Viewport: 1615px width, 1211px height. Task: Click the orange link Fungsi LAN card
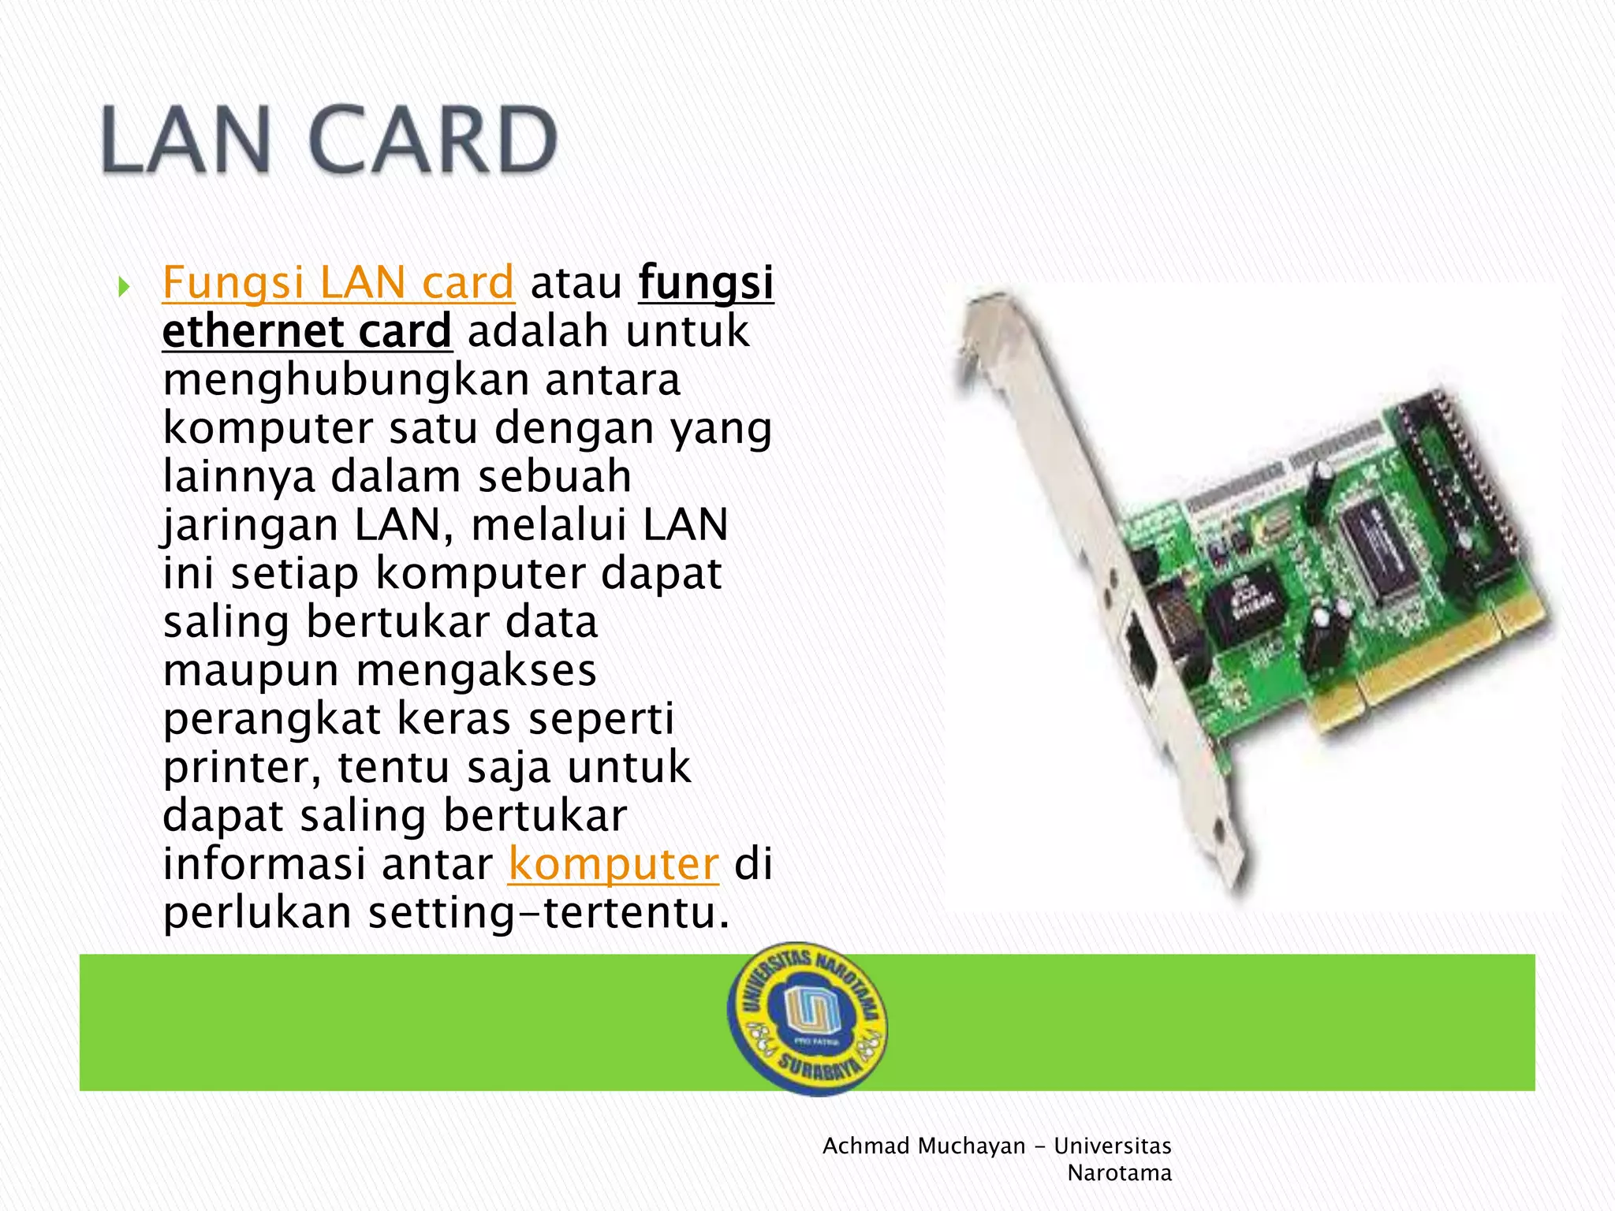coord(338,283)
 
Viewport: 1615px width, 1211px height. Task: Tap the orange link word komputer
coord(614,864)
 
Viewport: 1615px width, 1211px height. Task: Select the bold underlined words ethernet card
coord(307,331)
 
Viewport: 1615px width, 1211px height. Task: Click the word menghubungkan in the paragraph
coord(345,380)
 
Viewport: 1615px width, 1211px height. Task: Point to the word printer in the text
coord(241,768)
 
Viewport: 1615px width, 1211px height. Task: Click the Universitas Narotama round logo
coord(807,1018)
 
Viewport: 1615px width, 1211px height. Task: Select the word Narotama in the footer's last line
coord(1119,1173)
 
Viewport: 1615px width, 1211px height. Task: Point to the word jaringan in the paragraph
coord(251,527)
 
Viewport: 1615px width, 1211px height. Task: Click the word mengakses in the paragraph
coord(476,671)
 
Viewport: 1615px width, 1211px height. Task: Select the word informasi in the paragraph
coord(264,864)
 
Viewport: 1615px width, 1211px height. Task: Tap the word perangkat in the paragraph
coord(271,720)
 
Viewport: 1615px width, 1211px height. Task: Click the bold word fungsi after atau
coord(706,283)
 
